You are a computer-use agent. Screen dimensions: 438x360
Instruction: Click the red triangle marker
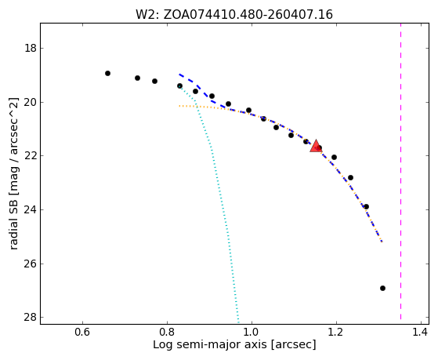pos(316,147)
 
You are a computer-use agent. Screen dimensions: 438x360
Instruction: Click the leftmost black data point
pos(107,73)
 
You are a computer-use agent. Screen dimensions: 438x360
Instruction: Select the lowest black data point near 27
pos(382,288)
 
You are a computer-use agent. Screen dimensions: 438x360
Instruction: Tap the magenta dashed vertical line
pos(400,171)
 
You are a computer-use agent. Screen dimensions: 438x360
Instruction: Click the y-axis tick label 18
pos(31,48)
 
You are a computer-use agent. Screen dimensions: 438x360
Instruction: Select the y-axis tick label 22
pos(31,155)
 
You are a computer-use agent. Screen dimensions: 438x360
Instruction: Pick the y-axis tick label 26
pos(31,264)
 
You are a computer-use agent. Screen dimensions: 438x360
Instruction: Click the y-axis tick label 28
pos(31,317)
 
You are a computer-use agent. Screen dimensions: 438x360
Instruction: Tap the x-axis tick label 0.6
pos(82,333)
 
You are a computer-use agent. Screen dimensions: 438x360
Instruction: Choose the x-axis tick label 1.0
pos(252,333)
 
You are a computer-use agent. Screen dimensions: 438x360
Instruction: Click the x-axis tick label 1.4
pos(421,333)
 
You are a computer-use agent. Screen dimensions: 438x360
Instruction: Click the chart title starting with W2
pos(234,15)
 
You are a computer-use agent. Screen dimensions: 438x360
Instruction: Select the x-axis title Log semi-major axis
pos(234,344)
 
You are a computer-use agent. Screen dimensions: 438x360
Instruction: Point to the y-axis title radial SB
pos(13,173)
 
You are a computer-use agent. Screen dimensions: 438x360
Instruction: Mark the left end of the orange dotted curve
pos(179,106)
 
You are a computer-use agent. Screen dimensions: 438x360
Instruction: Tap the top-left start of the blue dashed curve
pos(179,75)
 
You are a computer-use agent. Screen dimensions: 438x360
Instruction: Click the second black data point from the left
pos(137,78)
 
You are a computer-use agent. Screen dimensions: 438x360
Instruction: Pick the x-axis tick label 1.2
pos(336,333)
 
